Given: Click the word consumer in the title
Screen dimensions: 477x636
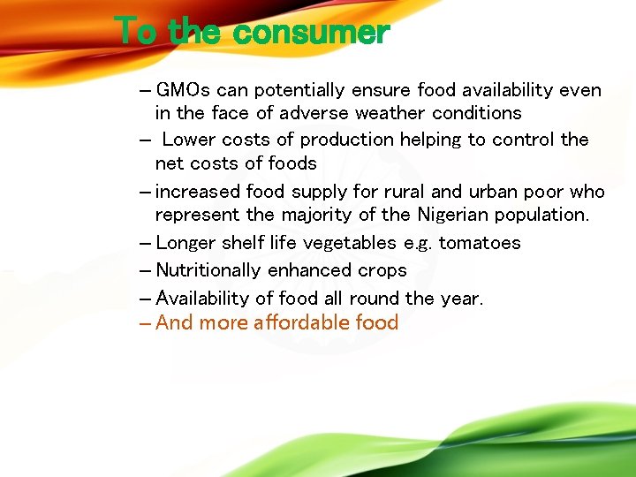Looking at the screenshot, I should (312, 34).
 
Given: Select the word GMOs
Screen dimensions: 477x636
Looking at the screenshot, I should (183, 90).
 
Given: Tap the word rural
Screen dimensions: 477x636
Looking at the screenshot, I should (405, 192).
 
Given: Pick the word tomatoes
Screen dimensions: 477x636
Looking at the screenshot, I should (480, 243).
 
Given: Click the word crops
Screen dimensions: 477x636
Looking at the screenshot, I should (382, 270).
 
